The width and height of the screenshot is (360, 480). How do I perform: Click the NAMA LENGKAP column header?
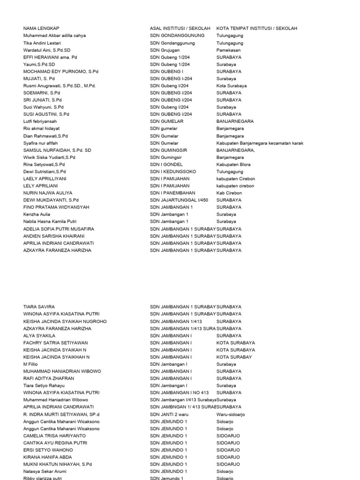click(41, 28)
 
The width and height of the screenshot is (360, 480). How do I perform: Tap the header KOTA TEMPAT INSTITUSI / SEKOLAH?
click(257, 28)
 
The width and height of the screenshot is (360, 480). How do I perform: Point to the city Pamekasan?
click(229, 50)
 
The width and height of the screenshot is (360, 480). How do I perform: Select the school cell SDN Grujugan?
click(165, 50)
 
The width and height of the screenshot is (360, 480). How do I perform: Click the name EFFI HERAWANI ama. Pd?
click(50, 57)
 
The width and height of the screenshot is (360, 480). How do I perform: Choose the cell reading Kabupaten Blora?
click(233, 164)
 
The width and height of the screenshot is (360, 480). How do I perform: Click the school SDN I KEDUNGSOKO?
click(173, 171)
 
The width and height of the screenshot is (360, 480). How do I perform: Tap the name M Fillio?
click(31, 364)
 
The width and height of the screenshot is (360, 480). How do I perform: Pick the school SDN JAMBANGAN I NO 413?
click(180, 392)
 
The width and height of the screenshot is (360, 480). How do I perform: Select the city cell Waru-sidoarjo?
click(231, 414)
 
